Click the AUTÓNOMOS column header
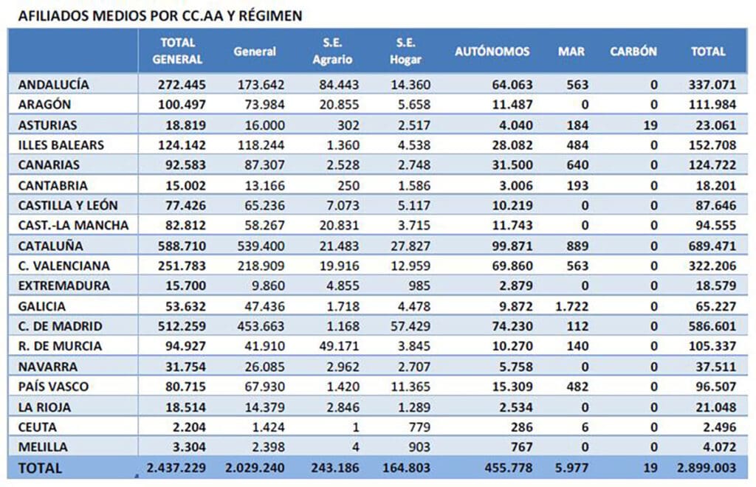click(492, 52)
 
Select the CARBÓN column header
click(633, 52)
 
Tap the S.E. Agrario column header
click(332, 51)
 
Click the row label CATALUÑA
click(51, 246)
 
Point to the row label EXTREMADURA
click(63, 286)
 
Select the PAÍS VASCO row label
click(53, 387)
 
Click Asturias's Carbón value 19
click(650, 125)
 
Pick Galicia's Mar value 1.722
click(572, 306)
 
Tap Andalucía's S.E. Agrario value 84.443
click(339, 85)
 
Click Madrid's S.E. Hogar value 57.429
click(410, 326)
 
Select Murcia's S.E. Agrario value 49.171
click(339, 346)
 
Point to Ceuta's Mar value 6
click(585, 427)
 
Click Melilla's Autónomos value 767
click(522, 447)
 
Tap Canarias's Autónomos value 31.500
click(512, 165)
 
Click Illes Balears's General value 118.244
click(261, 145)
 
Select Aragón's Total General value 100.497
click(182, 105)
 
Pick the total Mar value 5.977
click(572, 468)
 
